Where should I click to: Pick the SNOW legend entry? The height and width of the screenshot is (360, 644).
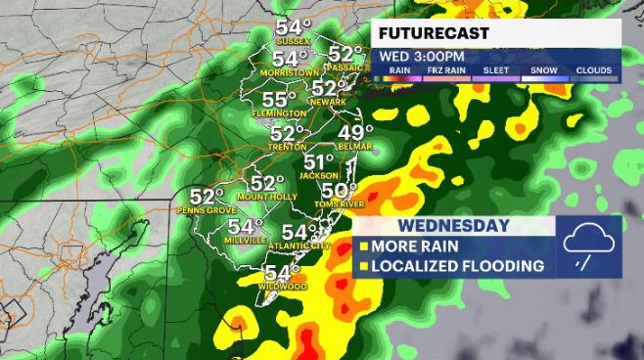(543, 70)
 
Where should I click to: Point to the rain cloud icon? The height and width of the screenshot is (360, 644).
(589, 246)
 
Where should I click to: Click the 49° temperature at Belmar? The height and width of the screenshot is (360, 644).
(355, 133)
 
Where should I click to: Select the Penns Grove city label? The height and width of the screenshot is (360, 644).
(206, 210)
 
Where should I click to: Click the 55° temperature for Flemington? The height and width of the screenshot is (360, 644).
(279, 101)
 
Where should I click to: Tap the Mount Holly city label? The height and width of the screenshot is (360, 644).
(267, 197)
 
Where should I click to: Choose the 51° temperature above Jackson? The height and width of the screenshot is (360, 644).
(319, 162)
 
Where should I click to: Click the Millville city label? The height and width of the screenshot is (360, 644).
(246, 240)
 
